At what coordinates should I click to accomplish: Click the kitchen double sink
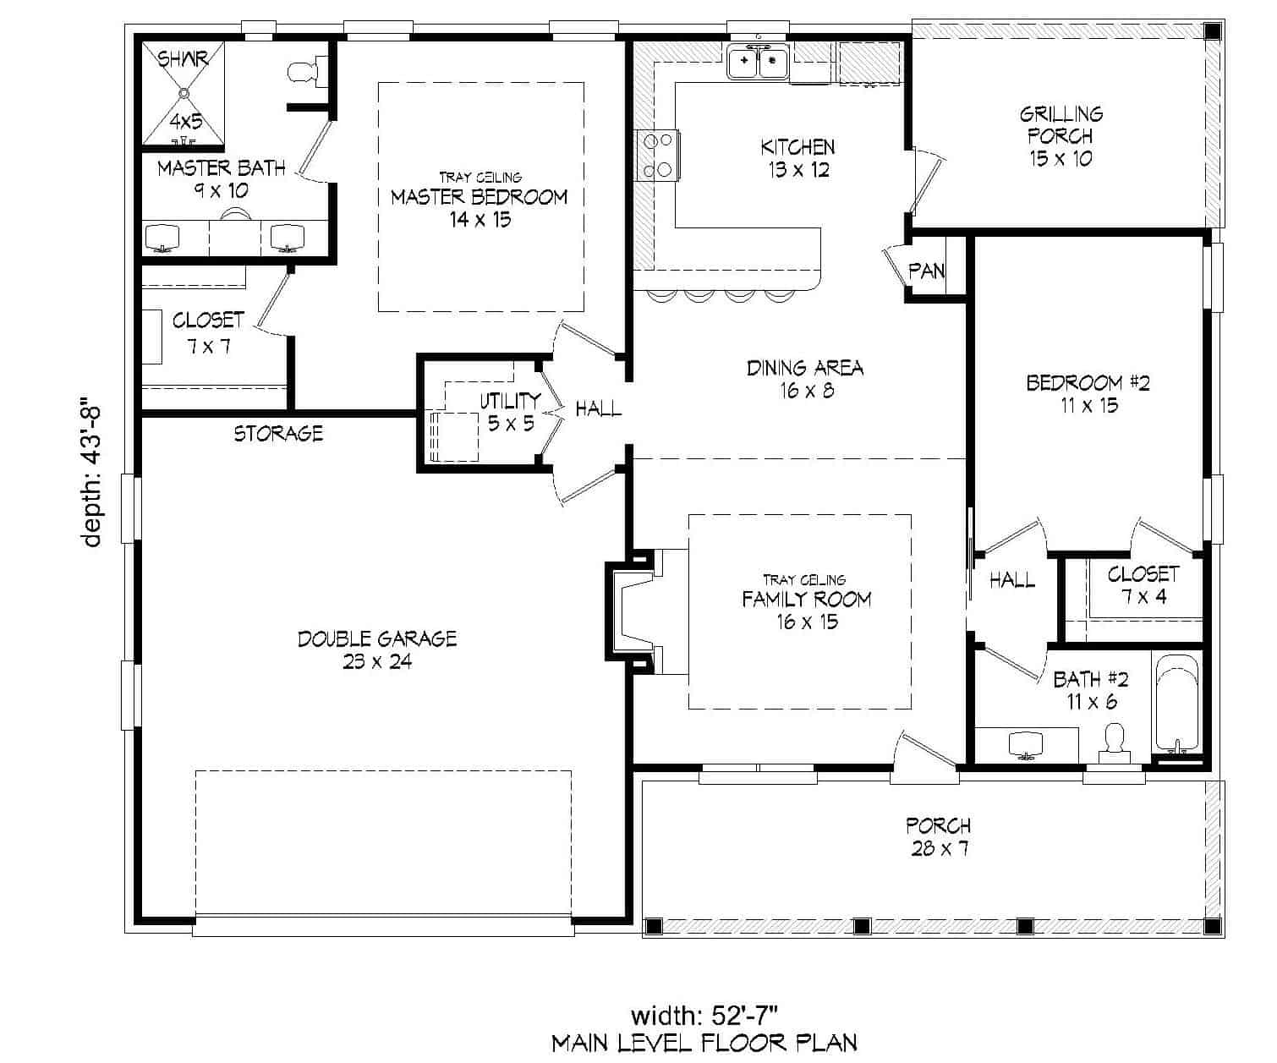click(758, 62)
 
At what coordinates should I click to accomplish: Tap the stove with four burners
click(658, 155)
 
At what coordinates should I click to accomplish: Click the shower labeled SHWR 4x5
click(184, 93)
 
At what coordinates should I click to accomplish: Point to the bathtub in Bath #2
click(1176, 704)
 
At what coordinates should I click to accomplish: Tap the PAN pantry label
click(926, 271)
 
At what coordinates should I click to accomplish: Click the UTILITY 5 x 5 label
click(510, 411)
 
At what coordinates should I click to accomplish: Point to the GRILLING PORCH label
click(1061, 135)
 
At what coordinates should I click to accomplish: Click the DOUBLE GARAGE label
click(377, 649)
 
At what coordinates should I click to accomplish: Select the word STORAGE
click(278, 434)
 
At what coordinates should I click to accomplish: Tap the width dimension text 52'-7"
click(704, 1015)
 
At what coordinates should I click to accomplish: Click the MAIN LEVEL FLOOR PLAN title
click(704, 1043)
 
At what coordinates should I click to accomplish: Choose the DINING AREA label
click(804, 378)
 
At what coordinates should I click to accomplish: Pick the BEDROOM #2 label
click(1088, 393)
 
